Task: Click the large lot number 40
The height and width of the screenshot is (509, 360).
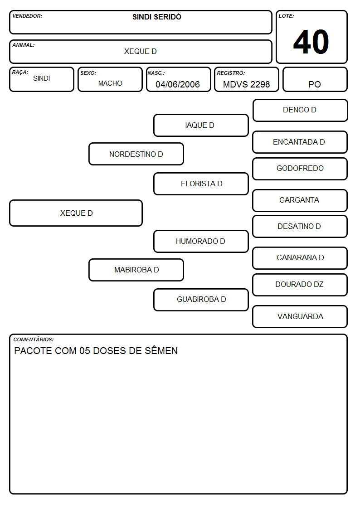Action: coord(311,42)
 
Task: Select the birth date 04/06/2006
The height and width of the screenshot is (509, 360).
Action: coord(178,84)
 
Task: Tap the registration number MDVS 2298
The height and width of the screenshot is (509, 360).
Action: coord(246,84)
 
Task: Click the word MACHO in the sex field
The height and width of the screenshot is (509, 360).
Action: coord(110,83)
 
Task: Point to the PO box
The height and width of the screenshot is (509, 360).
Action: coord(315,79)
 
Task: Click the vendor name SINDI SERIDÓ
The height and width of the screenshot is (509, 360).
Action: coord(157,17)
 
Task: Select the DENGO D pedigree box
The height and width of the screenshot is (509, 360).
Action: coord(300,111)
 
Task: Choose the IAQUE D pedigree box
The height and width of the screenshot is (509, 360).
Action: coord(201,125)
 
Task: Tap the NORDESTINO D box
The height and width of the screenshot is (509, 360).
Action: coord(136,154)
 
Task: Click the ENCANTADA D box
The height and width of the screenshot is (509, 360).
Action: coord(300,142)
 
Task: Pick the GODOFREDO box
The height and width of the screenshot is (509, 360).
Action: coord(300,169)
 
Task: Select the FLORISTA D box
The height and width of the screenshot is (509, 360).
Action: coord(201,184)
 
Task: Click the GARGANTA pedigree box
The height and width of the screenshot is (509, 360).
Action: coord(300,201)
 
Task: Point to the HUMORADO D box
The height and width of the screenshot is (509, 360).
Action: coord(201,241)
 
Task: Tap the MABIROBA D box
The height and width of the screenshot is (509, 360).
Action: coord(136,270)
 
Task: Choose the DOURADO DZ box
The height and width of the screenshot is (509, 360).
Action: coord(300,285)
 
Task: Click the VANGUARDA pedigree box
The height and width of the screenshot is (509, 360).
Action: coord(300,316)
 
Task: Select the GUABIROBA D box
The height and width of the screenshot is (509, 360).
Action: coord(201,300)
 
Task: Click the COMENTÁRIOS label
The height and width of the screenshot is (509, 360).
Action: coord(34,339)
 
